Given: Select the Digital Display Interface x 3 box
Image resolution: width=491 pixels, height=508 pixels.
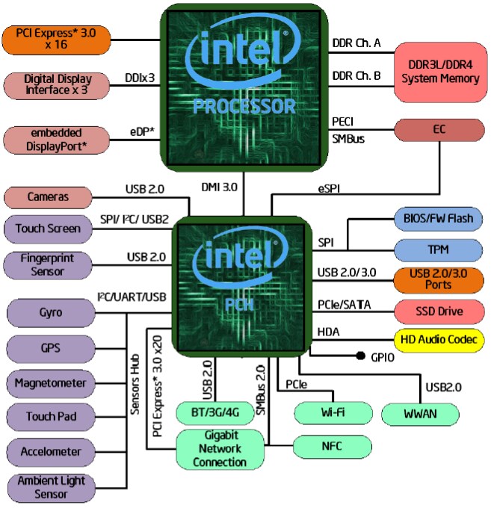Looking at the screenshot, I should click(57, 84).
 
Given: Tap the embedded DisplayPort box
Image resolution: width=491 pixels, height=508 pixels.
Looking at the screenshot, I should click(57, 140).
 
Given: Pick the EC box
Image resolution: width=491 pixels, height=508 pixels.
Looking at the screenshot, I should click(439, 128).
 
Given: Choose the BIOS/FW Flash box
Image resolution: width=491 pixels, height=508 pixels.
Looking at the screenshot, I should click(439, 219).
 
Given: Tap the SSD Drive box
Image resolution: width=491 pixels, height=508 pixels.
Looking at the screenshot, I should click(439, 310).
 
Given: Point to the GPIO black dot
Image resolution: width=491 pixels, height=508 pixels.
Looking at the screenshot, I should click(360, 356).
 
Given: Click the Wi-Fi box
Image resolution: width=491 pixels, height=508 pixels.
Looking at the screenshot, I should click(333, 412).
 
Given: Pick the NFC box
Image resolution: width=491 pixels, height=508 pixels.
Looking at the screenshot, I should click(333, 446).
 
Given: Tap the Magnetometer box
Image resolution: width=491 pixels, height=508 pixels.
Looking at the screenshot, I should click(49, 383).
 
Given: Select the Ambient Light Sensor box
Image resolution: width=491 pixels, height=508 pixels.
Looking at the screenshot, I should click(49, 488).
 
